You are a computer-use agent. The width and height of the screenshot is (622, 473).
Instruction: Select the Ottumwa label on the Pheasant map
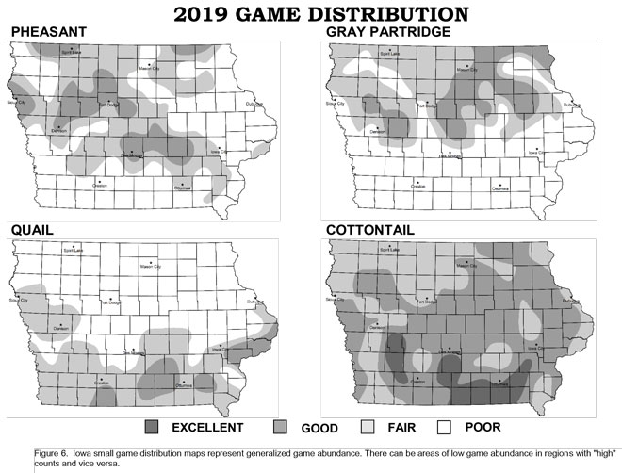tap(183, 189)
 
